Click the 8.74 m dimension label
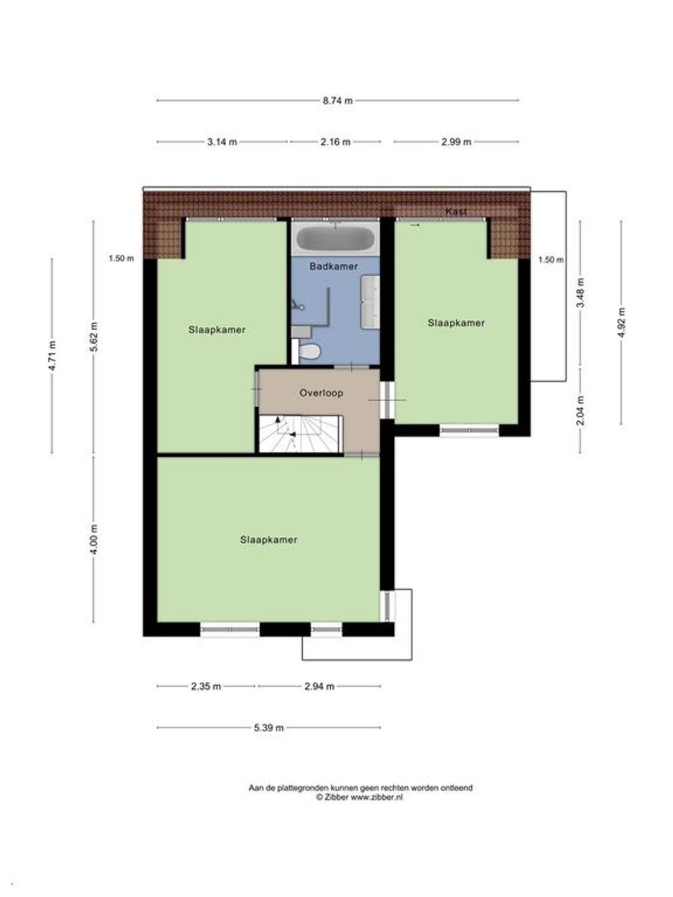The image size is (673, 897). [x=338, y=100]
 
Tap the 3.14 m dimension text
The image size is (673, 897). [x=222, y=142]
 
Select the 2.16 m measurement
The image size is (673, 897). [x=335, y=142]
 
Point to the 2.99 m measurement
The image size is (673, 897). [x=456, y=142]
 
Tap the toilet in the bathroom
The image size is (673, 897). [x=310, y=351]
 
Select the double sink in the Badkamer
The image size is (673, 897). [x=370, y=301]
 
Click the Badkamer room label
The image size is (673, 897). [x=333, y=267]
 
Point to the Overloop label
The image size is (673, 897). [x=321, y=393]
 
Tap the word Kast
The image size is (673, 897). [x=456, y=212]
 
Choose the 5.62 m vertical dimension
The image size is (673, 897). [x=94, y=337]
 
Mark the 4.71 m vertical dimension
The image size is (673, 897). [x=52, y=356]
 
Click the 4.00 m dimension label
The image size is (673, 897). [x=94, y=539]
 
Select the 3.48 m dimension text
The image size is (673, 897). [x=581, y=293]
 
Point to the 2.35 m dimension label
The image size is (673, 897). [x=206, y=686]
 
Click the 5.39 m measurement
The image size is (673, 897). [x=269, y=728]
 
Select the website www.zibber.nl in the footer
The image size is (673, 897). [x=377, y=797]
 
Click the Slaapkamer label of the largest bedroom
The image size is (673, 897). [x=269, y=540]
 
